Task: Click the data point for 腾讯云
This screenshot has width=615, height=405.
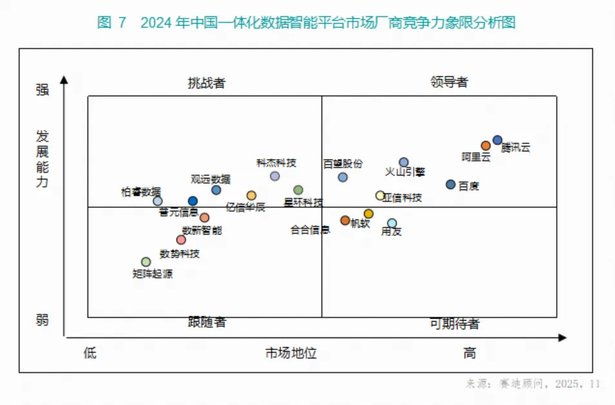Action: pos(497,140)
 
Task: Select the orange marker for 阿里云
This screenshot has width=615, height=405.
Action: pos(485,146)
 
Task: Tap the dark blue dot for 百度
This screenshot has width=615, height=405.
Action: pos(451,184)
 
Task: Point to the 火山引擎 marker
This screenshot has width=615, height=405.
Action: pos(404,163)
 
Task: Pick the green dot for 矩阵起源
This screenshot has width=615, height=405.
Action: pos(146,262)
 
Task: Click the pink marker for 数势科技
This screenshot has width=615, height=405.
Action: pos(181,240)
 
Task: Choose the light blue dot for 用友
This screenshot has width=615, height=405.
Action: pos(392,223)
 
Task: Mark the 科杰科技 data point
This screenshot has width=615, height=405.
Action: pos(275,176)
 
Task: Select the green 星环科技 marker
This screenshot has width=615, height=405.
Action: pos(298,190)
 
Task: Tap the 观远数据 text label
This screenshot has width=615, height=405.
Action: pos(210,179)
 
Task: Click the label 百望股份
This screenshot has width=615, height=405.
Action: pos(343,164)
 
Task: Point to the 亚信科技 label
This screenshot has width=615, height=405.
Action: pos(403,198)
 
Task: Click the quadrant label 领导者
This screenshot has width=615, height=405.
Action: pos(449,83)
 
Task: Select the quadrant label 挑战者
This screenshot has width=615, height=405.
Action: pos(206,83)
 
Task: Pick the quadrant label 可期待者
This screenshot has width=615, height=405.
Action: pos(454,324)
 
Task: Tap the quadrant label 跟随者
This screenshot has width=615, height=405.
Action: pos(207,322)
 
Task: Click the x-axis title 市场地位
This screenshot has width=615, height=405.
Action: pos(291,353)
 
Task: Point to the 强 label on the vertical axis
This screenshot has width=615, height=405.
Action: pos(42,90)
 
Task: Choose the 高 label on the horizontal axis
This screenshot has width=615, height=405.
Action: pos(470,353)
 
